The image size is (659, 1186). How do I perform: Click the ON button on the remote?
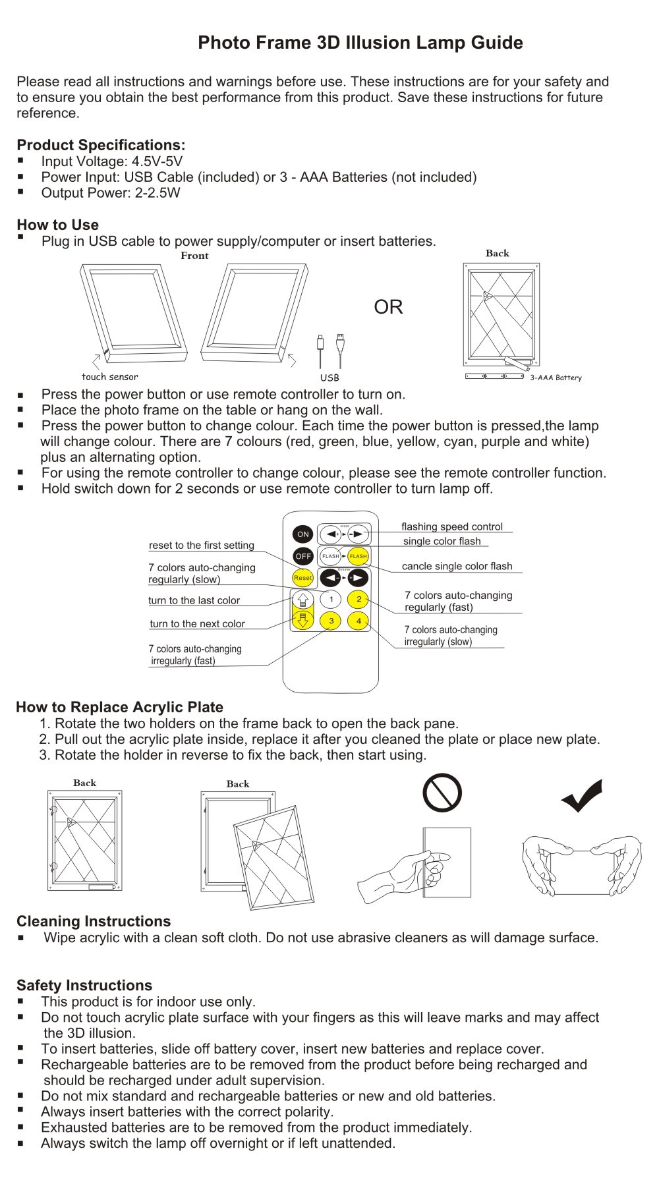point(302,534)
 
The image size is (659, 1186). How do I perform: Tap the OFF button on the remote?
point(302,556)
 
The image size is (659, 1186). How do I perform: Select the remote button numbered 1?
point(331,599)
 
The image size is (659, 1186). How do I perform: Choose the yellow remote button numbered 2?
point(358,599)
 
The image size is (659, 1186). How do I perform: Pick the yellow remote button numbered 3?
point(331,621)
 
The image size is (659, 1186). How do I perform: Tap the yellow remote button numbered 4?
point(358,621)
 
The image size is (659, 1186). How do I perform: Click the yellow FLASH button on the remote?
point(358,556)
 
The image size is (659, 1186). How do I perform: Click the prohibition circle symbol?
point(442,792)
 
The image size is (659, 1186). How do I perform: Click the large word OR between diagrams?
point(388,307)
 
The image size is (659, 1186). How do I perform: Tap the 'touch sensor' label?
point(110,377)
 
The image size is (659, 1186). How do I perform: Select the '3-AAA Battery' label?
point(556,378)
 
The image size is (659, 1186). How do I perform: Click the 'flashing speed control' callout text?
point(452,526)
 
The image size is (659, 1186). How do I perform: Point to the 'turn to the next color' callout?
point(197,623)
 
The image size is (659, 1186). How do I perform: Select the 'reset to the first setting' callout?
point(202,545)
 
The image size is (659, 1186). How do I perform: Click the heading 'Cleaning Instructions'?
point(94,921)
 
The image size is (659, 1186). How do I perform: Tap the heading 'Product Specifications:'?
point(101,145)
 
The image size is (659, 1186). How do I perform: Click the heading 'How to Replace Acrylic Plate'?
point(119,707)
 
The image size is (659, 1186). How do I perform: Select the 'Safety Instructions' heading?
point(84,985)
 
